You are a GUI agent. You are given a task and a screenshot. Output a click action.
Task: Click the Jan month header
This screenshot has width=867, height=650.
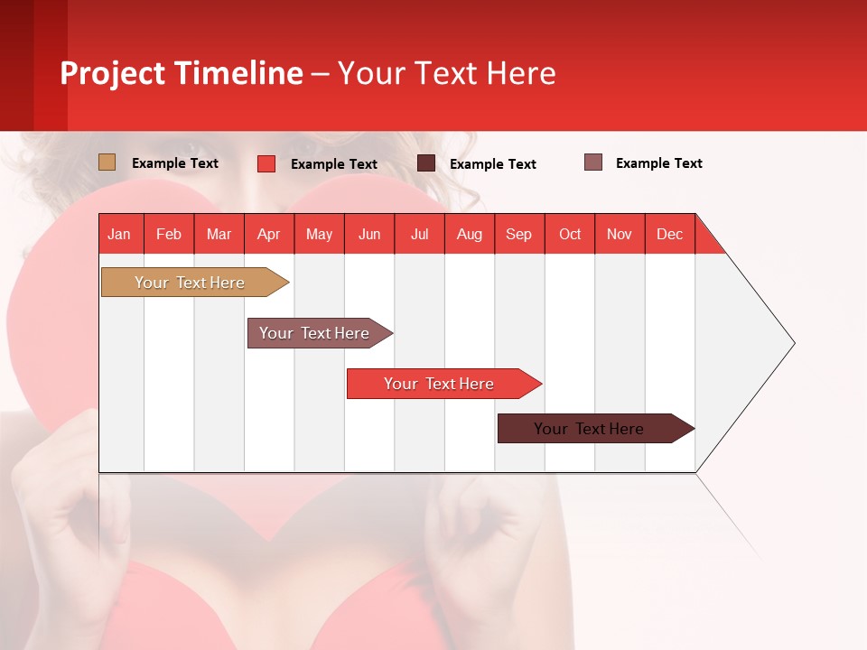[120, 234]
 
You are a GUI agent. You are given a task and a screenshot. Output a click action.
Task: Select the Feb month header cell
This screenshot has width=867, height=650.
[169, 234]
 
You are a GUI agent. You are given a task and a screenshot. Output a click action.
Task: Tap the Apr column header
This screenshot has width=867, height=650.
[269, 234]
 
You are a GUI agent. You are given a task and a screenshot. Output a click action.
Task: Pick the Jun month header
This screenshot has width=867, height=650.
[369, 234]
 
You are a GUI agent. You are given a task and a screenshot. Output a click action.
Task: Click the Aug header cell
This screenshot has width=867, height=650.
[470, 234]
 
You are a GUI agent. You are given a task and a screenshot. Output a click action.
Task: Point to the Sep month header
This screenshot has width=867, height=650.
[519, 234]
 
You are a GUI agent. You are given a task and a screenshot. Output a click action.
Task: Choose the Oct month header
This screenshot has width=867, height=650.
[570, 234]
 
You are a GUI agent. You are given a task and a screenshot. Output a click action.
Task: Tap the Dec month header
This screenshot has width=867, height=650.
[670, 234]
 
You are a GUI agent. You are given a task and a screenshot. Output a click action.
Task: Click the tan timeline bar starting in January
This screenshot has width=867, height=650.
[191, 283]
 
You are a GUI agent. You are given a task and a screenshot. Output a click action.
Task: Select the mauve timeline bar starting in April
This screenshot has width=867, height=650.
[315, 333]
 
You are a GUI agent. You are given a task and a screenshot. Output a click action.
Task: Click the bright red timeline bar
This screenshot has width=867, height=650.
[440, 384]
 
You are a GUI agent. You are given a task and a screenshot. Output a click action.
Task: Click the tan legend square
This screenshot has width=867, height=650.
[107, 162]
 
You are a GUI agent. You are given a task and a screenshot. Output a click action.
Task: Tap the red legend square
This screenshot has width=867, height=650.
[266, 163]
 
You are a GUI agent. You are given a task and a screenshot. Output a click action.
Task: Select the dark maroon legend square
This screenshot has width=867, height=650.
[426, 163]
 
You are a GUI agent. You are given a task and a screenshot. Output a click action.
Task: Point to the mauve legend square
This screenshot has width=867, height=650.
[593, 162]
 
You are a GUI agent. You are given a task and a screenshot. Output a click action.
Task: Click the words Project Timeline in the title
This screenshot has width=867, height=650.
[181, 73]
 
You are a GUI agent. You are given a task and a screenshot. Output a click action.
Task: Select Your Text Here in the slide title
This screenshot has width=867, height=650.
[446, 73]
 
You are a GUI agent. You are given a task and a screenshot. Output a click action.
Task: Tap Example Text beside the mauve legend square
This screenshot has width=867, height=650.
[658, 163]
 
